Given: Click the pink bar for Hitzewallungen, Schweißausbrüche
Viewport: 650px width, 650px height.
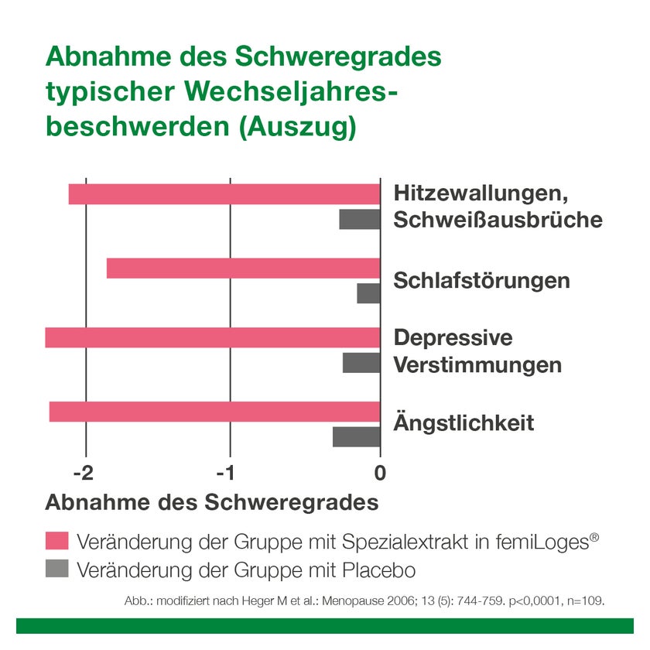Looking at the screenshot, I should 224,194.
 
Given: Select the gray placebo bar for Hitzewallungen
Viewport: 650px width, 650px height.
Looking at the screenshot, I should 360,220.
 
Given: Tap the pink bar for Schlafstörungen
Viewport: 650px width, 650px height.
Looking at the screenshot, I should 243,268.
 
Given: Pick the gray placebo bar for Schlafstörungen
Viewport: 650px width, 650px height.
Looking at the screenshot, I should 368,293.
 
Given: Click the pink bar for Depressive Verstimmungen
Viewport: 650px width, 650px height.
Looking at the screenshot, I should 213,338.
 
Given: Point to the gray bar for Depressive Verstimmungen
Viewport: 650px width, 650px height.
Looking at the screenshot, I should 361,363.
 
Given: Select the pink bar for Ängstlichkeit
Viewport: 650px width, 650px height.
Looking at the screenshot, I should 214,412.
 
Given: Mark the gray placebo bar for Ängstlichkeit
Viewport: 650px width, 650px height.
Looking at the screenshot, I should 357,436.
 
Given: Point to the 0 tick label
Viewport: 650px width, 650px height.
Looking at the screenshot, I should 380,472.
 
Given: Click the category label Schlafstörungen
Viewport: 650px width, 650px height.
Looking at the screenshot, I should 481,280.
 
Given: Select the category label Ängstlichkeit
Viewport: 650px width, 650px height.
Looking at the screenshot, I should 464,423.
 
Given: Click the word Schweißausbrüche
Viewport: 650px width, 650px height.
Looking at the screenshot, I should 498,220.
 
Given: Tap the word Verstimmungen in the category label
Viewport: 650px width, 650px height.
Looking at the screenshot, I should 477,364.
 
